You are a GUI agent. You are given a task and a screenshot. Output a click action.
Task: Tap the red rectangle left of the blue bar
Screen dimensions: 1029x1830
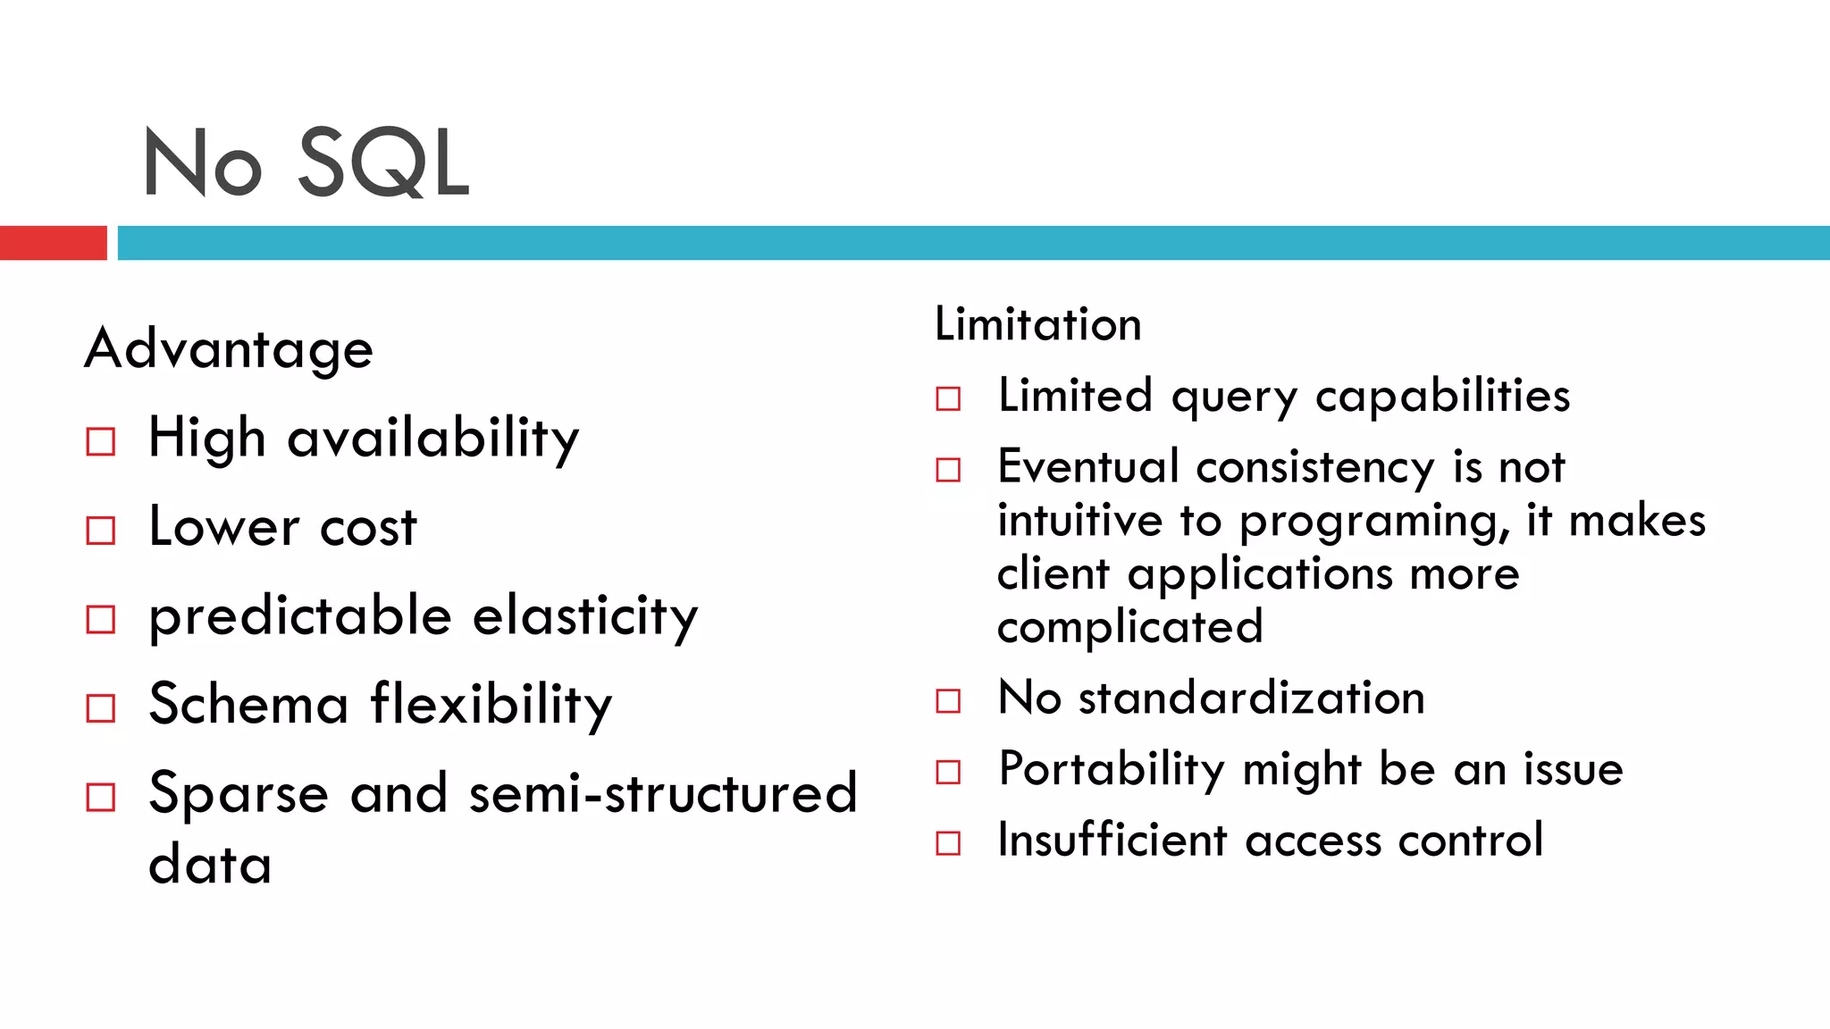[x=53, y=243]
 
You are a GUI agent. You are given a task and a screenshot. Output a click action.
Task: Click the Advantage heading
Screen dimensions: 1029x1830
[x=229, y=348]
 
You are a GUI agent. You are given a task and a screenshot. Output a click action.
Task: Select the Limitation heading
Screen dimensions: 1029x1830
[x=1037, y=323]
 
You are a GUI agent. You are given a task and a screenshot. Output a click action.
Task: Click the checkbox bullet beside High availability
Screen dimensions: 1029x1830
[x=101, y=441]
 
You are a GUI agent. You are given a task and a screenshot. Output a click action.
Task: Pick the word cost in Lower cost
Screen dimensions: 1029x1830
[x=368, y=527]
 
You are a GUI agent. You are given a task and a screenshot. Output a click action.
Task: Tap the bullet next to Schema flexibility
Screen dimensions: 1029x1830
[x=101, y=708]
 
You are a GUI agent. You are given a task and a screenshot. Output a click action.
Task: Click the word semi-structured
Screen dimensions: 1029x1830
[x=663, y=793]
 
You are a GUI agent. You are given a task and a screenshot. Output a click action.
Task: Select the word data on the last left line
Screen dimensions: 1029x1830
[x=210, y=865]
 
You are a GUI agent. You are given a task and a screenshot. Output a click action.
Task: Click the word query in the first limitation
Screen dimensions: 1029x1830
[x=1234, y=397]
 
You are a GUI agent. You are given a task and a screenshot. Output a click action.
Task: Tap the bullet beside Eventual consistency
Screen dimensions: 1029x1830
[x=948, y=470]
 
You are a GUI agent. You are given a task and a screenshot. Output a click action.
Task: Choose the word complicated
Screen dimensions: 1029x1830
[x=1129, y=627]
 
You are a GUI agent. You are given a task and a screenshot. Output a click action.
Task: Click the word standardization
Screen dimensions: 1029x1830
[x=1251, y=697]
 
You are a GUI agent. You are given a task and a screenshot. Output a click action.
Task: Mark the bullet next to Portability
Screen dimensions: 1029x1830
[x=948, y=772]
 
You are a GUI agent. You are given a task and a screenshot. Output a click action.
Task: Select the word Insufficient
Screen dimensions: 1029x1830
[x=1112, y=840]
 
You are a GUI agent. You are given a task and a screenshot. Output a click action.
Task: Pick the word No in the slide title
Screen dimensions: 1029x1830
[x=203, y=163]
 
